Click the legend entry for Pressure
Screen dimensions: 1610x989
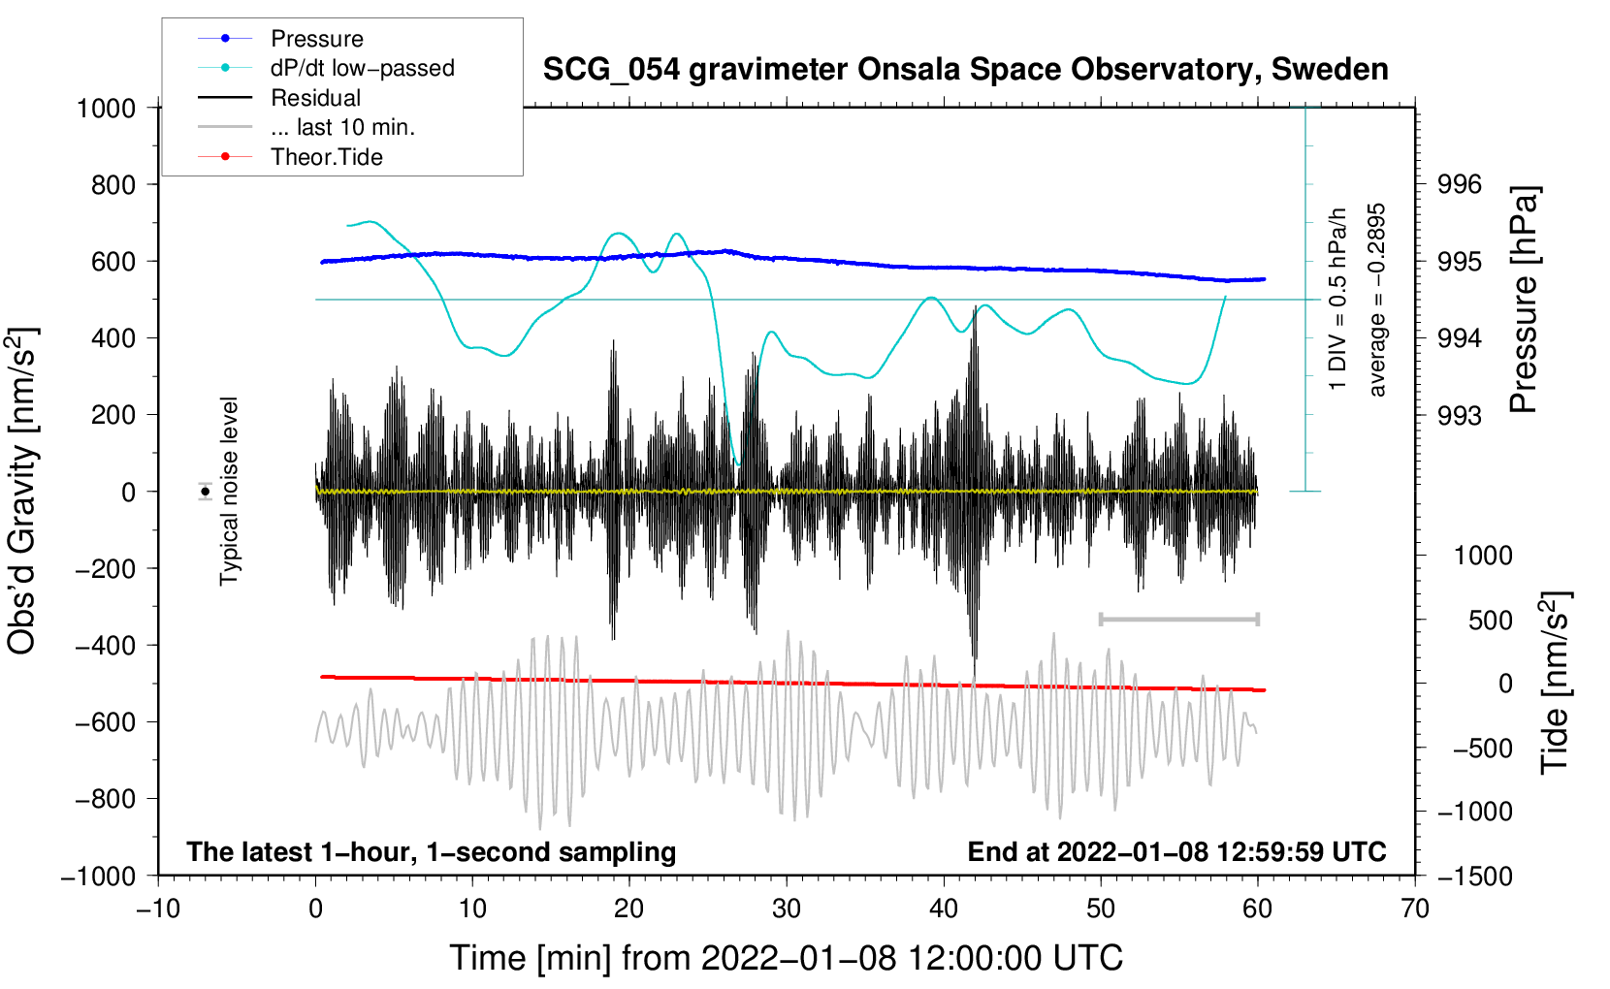[x=280, y=38]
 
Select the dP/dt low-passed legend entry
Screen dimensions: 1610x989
[x=326, y=68]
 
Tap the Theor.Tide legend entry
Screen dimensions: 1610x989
[x=290, y=157]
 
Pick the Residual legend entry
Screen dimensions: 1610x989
[x=279, y=98]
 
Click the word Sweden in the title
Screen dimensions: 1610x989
[x=1329, y=69]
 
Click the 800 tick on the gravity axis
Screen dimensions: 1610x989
[x=113, y=185]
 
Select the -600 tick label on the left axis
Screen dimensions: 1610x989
[x=105, y=721]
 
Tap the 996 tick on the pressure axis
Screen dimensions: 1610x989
[x=1459, y=185]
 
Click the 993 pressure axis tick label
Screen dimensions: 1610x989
[x=1459, y=415]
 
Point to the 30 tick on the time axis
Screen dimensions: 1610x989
[x=787, y=909]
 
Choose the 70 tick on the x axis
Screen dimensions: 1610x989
[x=1414, y=909]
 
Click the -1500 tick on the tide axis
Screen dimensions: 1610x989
[x=1475, y=877]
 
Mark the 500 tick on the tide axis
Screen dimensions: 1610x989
[x=1490, y=620]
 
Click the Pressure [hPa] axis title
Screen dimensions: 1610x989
[x=1524, y=299]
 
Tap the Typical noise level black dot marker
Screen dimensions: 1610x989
[x=206, y=492]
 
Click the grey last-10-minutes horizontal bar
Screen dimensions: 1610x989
[x=1178, y=619]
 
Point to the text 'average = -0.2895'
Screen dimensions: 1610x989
[x=1376, y=300]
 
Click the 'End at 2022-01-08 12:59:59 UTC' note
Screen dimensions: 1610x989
[x=1176, y=851]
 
